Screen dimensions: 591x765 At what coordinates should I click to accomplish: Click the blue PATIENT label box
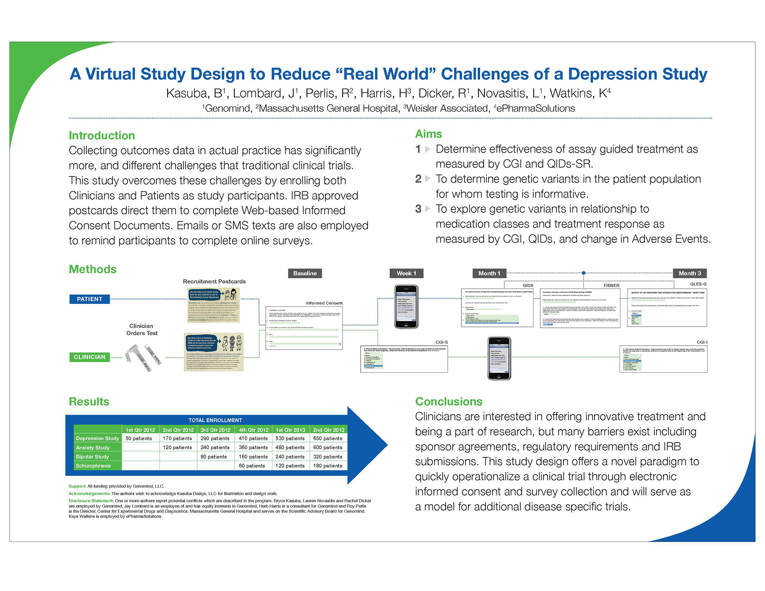point(90,299)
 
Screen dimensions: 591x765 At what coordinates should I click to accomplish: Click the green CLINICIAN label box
point(90,357)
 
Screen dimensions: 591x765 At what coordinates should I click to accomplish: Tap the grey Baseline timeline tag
point(305,273)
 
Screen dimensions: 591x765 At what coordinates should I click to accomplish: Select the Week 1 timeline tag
point(406,273)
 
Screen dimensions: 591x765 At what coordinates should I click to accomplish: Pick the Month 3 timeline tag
point(690,273)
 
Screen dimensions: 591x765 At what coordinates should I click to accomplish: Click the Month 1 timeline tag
point(489,273)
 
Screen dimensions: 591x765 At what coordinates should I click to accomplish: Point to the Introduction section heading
point(102,135)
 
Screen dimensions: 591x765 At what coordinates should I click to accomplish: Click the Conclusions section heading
point(449,401)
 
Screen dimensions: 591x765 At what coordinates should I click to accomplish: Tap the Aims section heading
point(428,134)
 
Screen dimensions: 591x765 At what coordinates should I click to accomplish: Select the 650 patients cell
point(328,438)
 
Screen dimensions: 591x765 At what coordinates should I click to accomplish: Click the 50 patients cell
point(139,438)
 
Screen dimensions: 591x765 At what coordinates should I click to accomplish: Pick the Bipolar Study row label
point(92,457)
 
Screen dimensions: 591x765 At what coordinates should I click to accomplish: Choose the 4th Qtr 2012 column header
point(253,430)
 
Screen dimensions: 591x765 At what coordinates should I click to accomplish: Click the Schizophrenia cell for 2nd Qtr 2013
point(328,466)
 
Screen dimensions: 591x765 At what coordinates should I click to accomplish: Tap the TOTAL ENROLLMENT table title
point(215,420)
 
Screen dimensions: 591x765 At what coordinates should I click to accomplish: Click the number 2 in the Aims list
point(418,179)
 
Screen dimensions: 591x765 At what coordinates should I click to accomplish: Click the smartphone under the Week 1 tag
point(406,307)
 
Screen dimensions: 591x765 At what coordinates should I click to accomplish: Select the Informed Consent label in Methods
point(324,303)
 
